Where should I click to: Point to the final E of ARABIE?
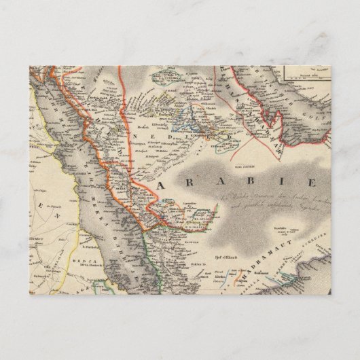(311, 183)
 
